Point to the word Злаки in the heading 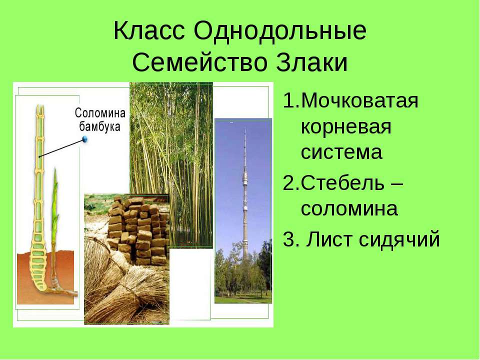click(x=312, y=63)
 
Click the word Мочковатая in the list click(x=359, y=100)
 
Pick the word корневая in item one click(x=346, y=126)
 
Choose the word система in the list click(x=341, y=152)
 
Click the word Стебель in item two click(x=342, y=183)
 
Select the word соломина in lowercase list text click(x=349, y=209)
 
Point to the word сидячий click(x=399, y=239)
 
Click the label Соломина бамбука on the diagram click(x=100, y=119)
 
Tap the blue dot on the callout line click(x=85, y=139)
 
